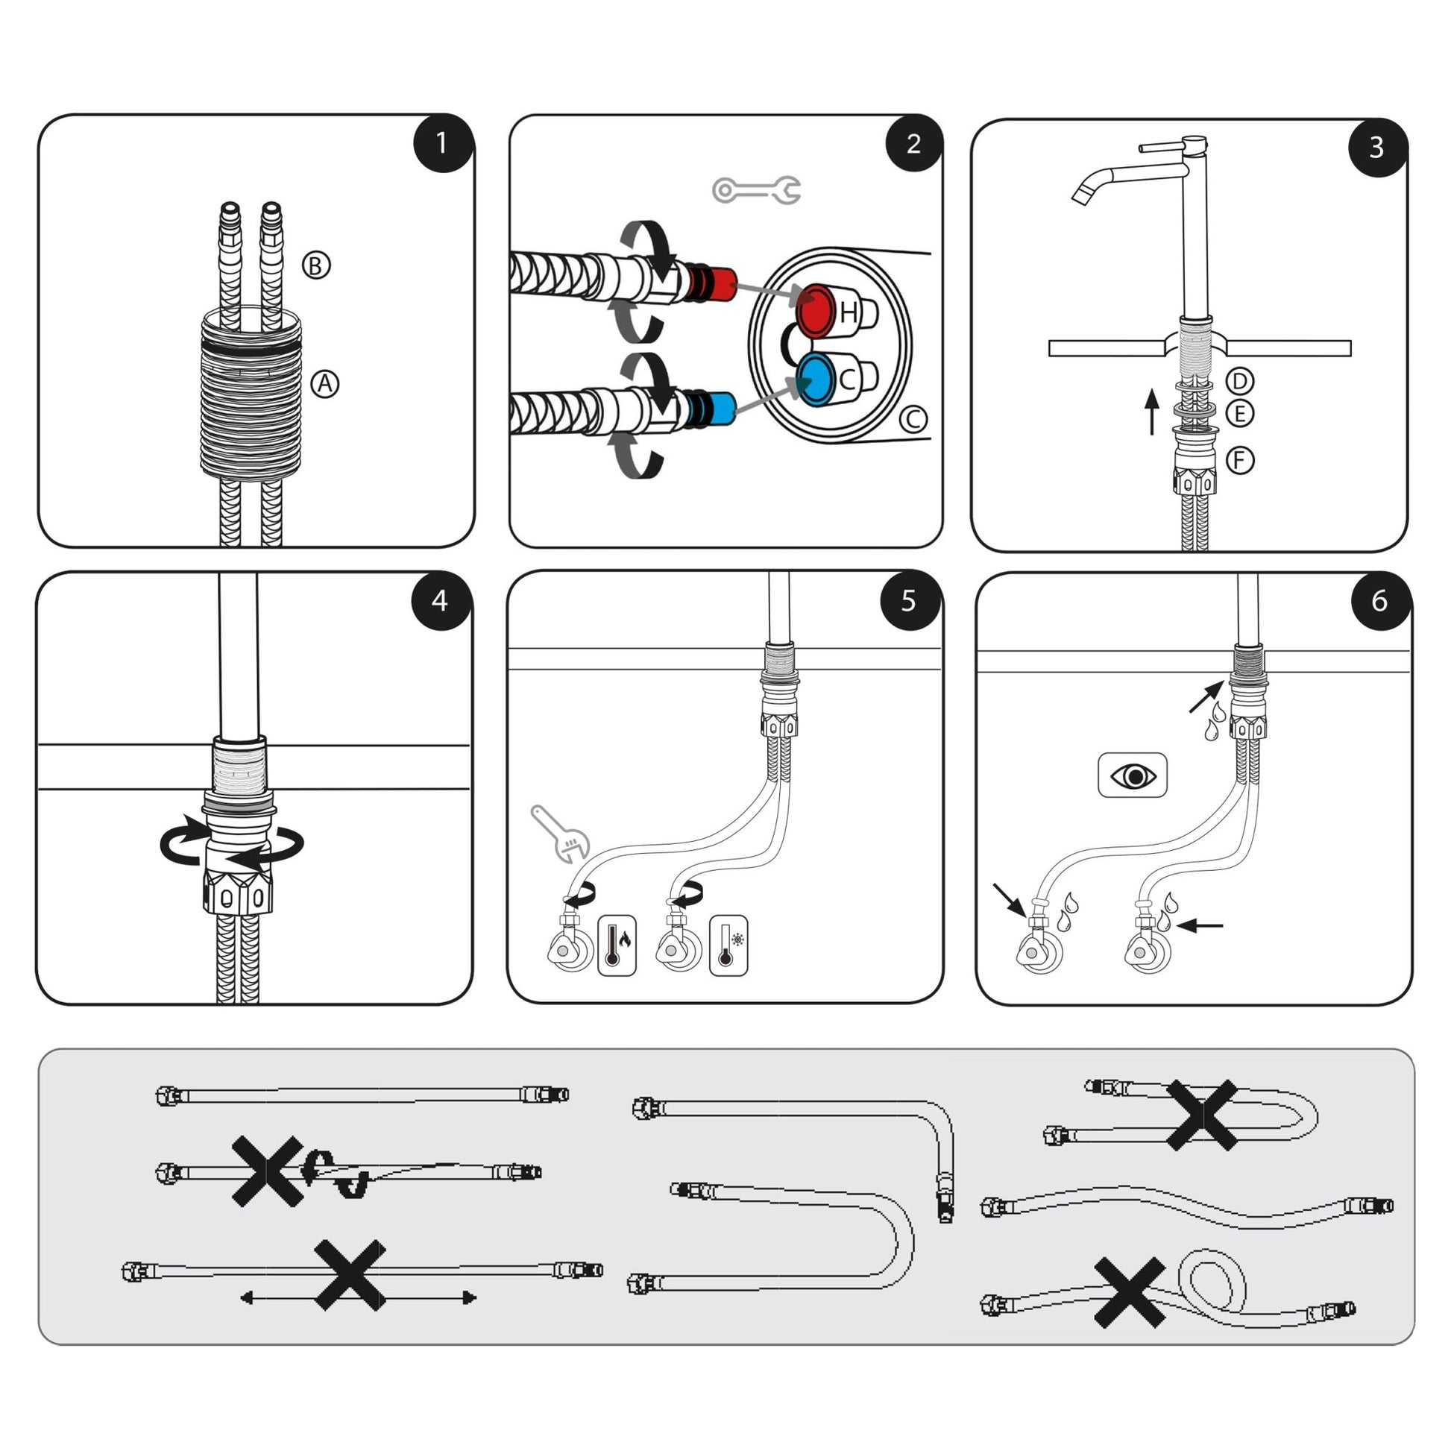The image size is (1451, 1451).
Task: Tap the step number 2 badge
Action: point(913,142)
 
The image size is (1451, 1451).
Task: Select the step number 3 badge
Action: point(1376,147)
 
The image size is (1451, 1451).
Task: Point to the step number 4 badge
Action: point(441,600)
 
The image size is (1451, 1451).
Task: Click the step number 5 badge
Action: point(910,600)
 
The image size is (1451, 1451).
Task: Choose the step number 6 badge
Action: point(1379,600)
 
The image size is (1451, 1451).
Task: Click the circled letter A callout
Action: point(324,384)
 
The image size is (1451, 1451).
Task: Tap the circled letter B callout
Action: point(316,265)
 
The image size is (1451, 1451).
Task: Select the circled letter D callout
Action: point(1239,382)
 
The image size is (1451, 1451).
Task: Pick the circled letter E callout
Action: point(1239,413)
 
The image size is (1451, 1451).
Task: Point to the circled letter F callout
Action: point(1240,459)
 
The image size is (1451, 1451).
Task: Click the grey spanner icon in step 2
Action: point(756,191)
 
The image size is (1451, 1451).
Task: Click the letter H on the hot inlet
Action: point(848,312)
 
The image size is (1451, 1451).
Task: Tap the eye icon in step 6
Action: point(1133,775)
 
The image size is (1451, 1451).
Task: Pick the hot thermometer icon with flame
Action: point(617,945)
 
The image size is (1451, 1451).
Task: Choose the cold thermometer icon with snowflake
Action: point(728,945)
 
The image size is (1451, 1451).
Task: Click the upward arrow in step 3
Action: point(1152,412)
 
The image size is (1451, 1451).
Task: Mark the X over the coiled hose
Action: point(1130,1292)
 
